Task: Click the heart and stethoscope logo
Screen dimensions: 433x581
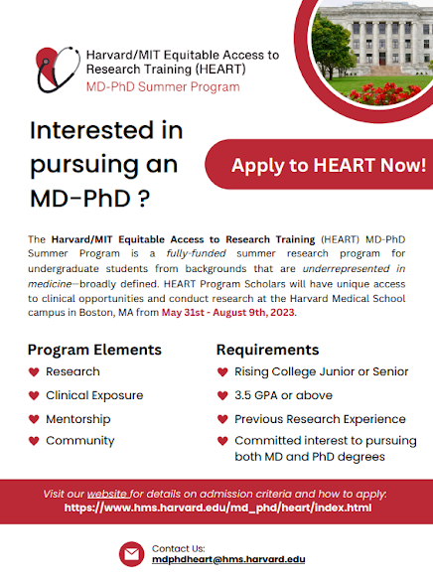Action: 59,70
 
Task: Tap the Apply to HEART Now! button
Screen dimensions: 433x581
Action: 319,165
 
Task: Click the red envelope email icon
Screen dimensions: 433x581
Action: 131,554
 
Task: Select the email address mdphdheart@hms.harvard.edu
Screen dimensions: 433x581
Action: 228,559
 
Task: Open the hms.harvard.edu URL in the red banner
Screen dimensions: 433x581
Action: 217,508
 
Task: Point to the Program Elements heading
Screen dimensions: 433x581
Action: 94,350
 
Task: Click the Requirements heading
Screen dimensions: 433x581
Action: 268,350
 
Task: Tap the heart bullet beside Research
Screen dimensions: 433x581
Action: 34,371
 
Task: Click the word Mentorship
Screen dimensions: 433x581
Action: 78,419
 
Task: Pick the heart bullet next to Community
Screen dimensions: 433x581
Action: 34,441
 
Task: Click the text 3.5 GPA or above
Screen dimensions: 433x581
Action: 283,395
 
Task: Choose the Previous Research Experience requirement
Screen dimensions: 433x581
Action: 320,419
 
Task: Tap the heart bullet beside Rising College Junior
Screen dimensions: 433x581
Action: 222,371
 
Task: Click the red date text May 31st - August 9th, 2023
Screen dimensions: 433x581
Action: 227,313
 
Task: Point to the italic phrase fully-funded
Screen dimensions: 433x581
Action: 196,253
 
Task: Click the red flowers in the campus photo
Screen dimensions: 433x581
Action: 385,93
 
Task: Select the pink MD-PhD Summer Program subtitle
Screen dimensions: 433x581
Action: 163,87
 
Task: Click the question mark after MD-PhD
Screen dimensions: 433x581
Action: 144,199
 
